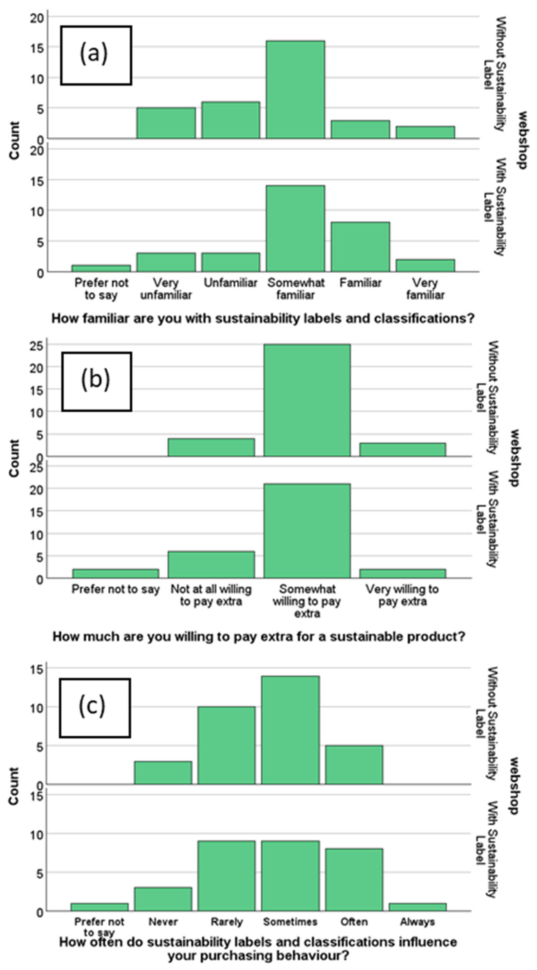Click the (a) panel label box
[96, 55]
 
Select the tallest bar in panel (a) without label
[295, 90]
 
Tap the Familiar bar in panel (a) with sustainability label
[360, 247]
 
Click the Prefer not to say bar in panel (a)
[101, 268]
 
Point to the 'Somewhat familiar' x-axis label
[295, 289]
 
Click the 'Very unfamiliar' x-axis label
[166, 289]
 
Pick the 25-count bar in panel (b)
[307, 400]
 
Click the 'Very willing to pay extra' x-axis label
[402, 595]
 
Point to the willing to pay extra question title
[259, 637]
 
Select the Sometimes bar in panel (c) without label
[290, 730]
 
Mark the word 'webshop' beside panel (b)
[515, 457]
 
